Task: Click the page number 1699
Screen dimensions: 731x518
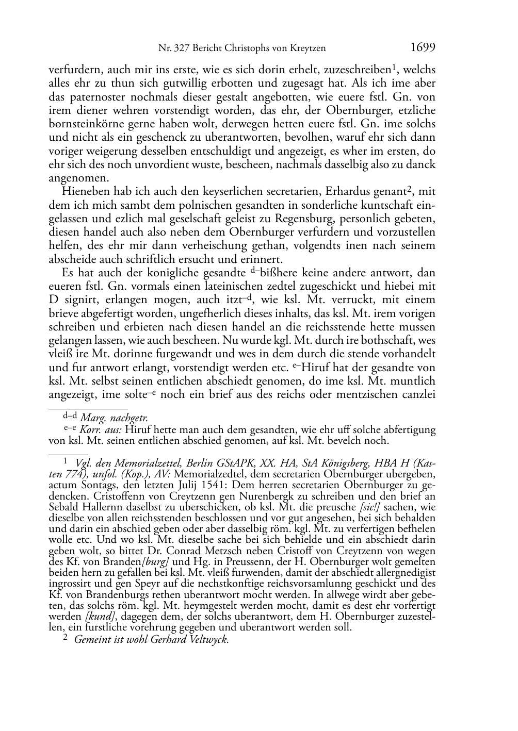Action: click(423, 48)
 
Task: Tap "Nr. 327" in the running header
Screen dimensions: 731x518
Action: click(172, 49)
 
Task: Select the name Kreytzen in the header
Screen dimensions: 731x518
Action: click(307, 49)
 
